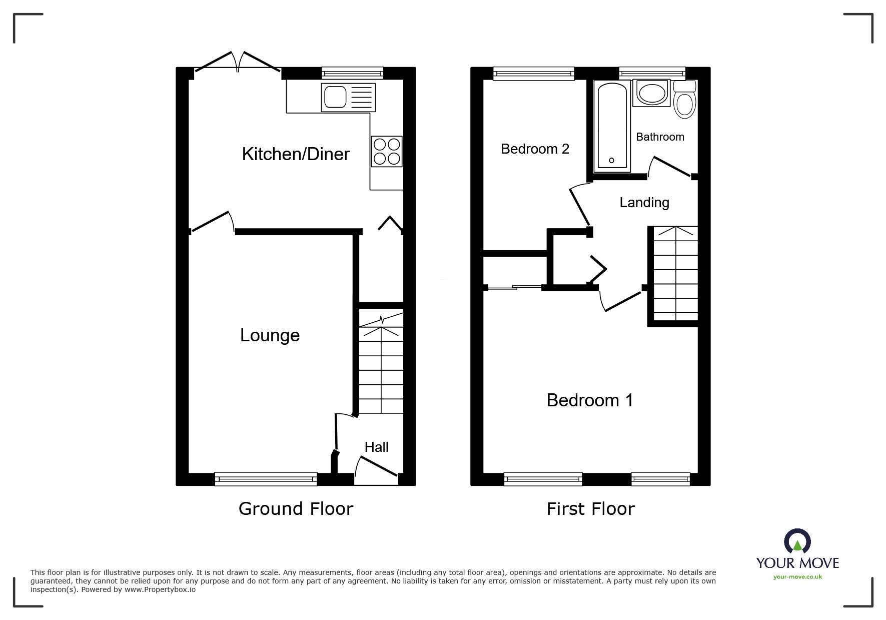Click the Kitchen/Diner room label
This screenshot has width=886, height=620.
coord(295,154)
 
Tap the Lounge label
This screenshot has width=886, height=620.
coord(270,335)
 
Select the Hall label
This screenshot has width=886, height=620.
coord(376,447)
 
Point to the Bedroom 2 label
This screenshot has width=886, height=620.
coord(535,149)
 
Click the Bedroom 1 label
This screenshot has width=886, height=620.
coord(589,400)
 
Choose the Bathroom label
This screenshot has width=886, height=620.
coord(659,137)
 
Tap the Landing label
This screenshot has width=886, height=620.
coord(644,203)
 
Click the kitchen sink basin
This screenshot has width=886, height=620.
coord(335,97)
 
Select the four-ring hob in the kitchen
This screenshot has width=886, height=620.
coord(387,152)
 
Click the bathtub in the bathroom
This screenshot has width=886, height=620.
coord(612,126)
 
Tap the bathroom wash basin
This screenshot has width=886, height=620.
coord(651,94)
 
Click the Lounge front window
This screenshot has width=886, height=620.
coord(266,479)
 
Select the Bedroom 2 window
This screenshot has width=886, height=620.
coord(533,74)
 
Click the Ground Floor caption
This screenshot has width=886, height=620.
coord(296,509)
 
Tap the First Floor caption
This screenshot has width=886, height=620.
coord(590,509)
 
